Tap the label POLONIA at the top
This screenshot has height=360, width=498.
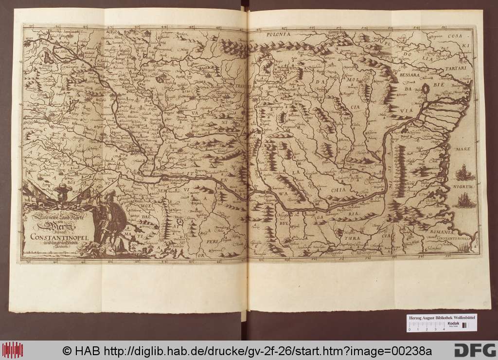point(278,35)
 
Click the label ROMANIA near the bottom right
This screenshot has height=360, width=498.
point(439,233)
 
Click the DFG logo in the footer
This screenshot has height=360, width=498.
point(472,350)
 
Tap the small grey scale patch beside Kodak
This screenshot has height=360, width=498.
point(464,325)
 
